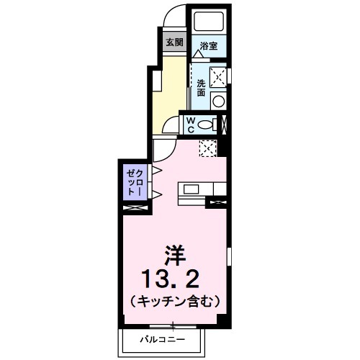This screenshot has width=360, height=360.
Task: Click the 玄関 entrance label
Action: point(174,42)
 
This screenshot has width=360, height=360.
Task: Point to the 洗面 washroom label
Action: point(201,87)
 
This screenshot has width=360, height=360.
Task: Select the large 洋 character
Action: point(174,253)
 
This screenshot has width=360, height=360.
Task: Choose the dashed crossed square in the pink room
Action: point(208,147)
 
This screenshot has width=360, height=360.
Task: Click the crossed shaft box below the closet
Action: point(135,209)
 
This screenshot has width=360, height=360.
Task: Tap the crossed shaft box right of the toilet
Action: point(224,124)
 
